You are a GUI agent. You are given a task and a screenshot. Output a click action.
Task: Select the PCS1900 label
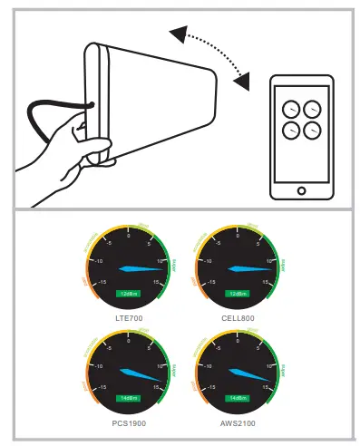click(x=128, y=422)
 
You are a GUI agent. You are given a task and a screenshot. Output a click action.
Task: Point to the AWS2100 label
click(x=238, y=422)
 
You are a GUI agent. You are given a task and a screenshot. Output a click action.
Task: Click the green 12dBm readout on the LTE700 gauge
click(x=128, y=293)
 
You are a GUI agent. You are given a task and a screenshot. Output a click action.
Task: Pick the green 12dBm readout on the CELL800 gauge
click(x=238, y=293)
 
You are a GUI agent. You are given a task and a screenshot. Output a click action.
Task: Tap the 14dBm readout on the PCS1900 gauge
click(x=128, y=398)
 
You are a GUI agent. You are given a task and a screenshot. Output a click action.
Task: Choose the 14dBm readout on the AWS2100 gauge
click(x=238, y=398)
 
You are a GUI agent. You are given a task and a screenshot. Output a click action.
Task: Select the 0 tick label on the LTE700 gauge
click(x=128, y=236)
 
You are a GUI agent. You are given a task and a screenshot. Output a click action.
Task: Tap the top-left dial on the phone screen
click(x=290, y=106)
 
